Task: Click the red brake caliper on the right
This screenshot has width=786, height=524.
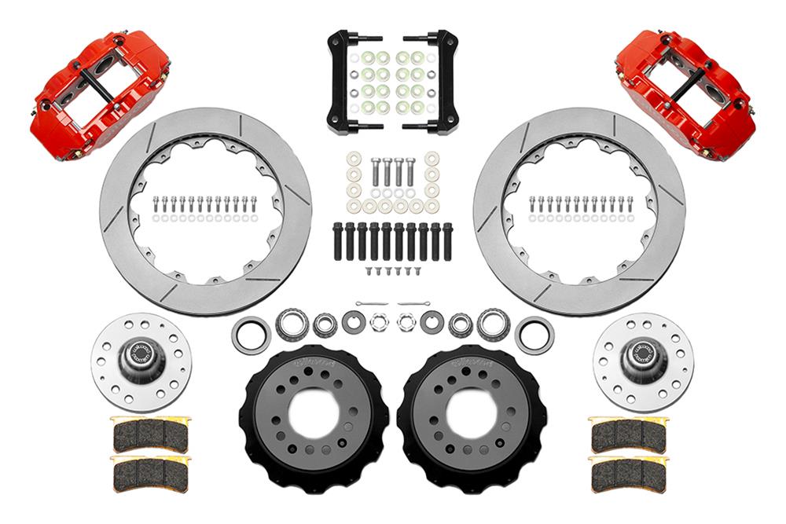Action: pyautogui.click(x=685, y=92)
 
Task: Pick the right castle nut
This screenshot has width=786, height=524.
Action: pyautogui.click(x=406, y=322)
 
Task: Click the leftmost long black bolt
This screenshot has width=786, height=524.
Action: pyautogui.click(x=338, y=241)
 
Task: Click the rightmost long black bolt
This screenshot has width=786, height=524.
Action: pyautogui.click(x=447, y=241)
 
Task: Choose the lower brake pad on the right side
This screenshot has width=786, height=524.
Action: pyautogui.click(x=628, y=474)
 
